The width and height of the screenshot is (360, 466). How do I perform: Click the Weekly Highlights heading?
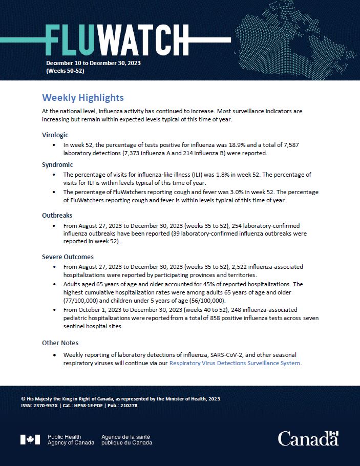[82, 98]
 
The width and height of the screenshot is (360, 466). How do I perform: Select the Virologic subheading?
[55, 135]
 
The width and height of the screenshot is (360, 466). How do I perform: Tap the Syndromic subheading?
[57, 165]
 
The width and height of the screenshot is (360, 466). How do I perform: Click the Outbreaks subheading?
[57, 216]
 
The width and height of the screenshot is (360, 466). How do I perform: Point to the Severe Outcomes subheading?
[68, 257]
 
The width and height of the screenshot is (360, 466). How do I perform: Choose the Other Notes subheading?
[60, 343]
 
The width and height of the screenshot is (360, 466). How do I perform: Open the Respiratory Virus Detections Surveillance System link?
[235, 363]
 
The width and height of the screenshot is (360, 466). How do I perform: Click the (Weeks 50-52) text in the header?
[65, 71]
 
